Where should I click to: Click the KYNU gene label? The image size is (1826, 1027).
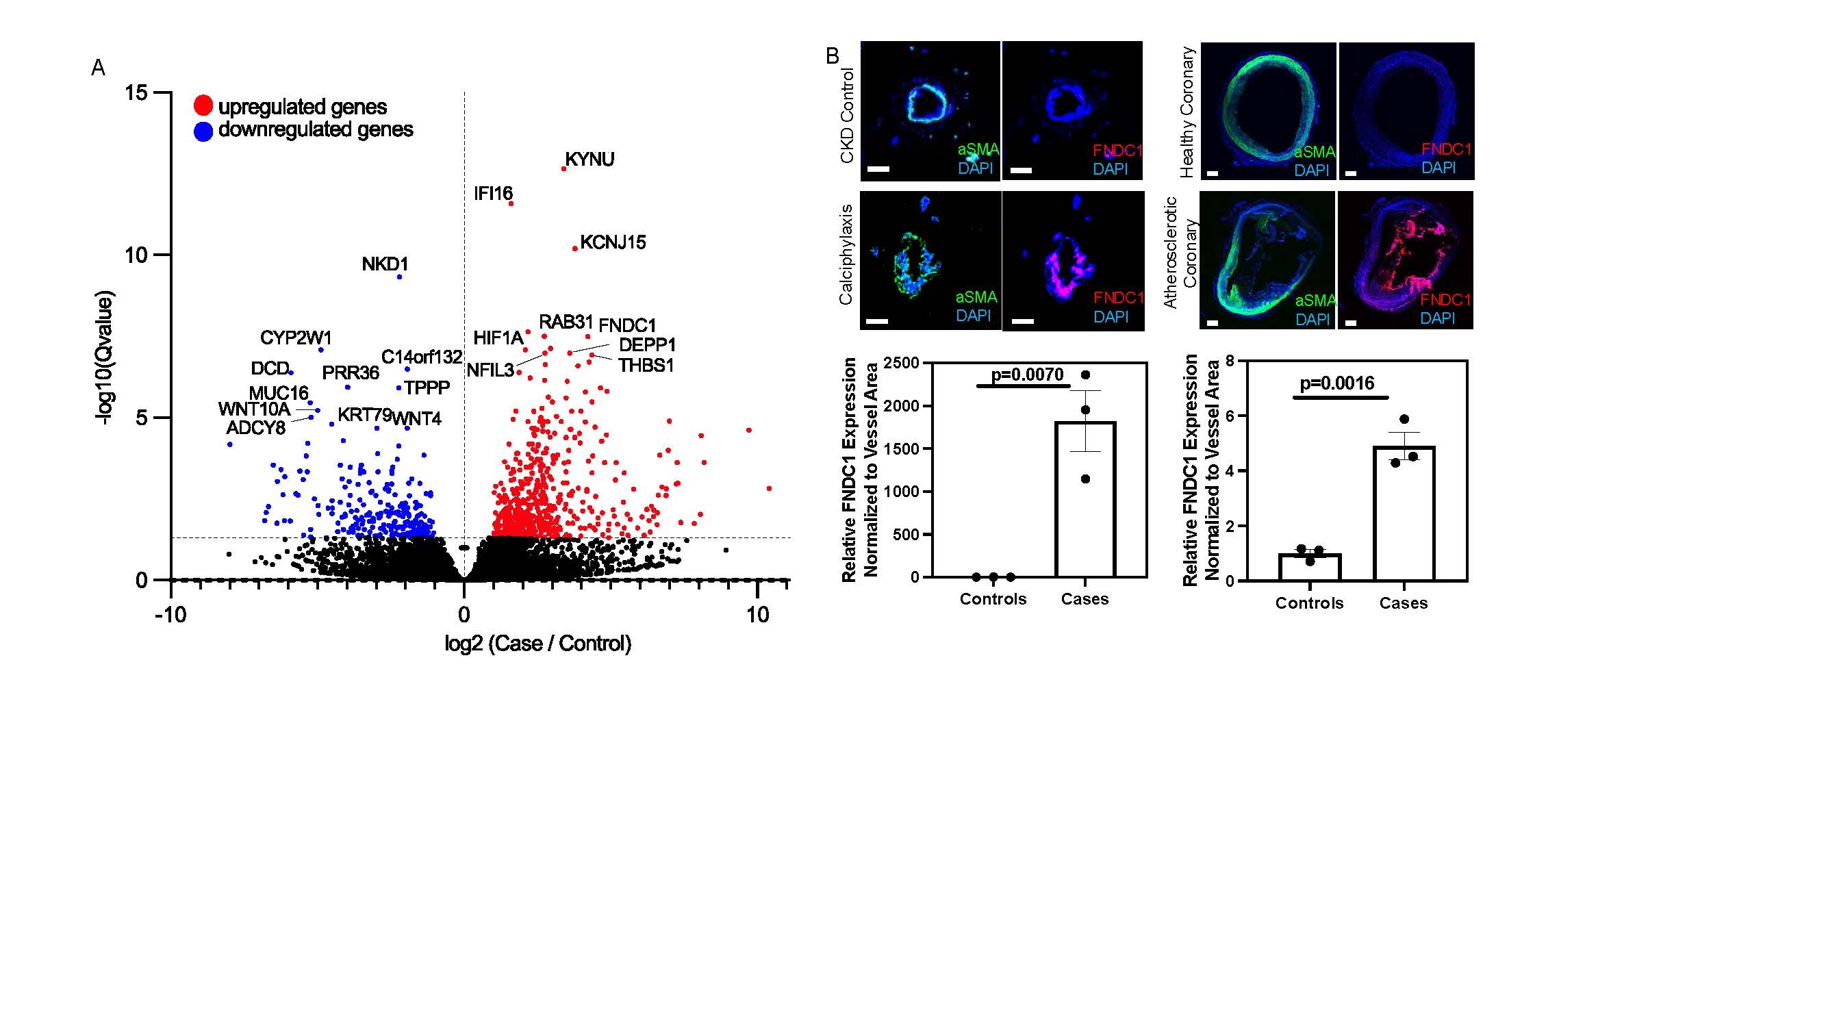coord(589,160)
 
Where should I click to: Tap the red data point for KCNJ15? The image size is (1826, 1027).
coord(575,249)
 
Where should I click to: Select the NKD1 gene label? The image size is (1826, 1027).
coord(385,264)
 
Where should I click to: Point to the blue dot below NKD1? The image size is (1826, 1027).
coord(400,277)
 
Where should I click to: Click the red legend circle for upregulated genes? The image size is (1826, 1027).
coord(203,105)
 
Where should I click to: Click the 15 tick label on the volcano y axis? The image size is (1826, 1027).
coord(136,93)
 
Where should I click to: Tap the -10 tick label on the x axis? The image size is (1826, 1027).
coord(171,615)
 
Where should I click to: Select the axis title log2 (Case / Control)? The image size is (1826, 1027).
coord(537,644)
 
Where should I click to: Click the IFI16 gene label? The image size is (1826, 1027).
coord(494,194)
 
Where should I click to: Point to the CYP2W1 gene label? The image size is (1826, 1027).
coord(296,338)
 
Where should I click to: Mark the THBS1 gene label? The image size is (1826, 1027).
coord(646,366)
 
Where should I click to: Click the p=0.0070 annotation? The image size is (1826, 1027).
coord(1027,375)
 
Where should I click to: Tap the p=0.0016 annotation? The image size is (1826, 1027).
coord(1337,383)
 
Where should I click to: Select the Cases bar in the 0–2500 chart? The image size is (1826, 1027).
coord(1085,499)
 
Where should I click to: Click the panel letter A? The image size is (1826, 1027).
coord(99,68)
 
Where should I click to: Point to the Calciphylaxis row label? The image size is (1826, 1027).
coord(846,255)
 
